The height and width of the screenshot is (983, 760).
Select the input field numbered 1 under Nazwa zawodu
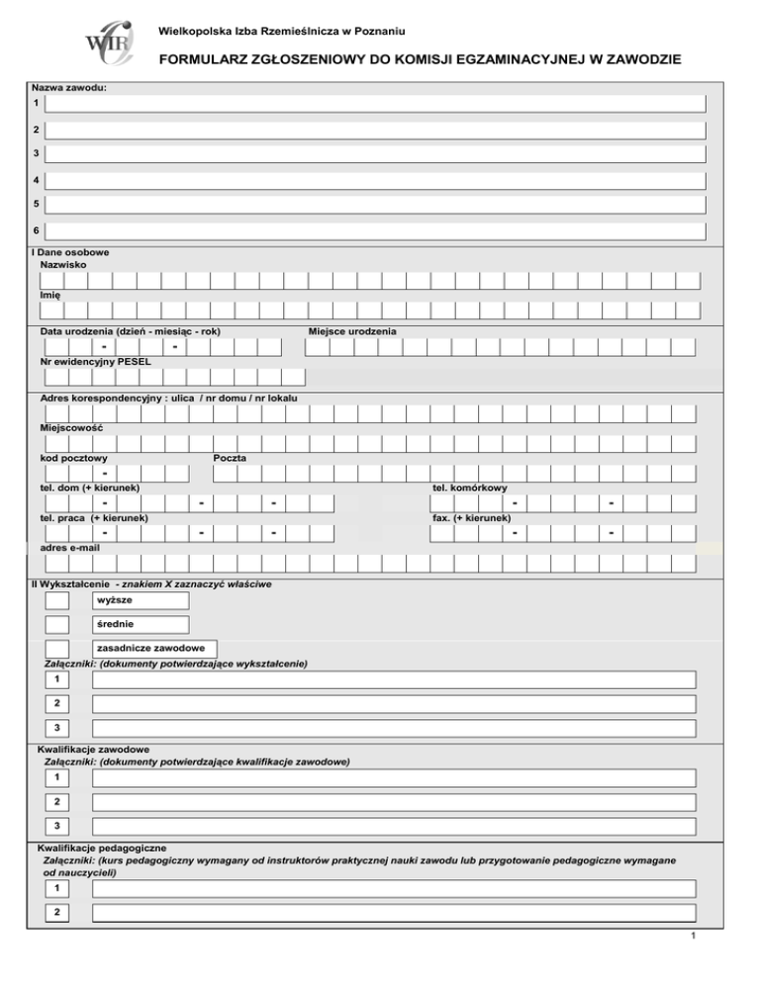click(375, 104)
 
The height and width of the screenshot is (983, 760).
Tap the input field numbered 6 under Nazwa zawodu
click(375, 230)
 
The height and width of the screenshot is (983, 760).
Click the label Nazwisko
click(63, 266)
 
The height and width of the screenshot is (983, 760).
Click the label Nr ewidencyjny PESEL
click(95, 362)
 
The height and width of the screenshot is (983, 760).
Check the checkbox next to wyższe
click(57, 600)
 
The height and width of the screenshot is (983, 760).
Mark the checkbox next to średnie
click(57, 625)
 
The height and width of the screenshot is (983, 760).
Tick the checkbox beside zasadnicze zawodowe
click(57, 649)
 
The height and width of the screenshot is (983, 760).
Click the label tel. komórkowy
click(470, 488)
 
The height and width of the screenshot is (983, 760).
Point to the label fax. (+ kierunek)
click(472, 517)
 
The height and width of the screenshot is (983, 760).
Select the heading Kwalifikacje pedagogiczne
click(101, 849)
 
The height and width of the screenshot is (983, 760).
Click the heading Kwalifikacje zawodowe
click(93, 750)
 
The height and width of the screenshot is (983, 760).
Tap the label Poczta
click(230, 458)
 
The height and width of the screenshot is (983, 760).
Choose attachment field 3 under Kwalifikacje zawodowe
click(393, 826)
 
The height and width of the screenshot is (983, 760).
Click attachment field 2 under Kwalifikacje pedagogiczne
click(393, 913)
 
